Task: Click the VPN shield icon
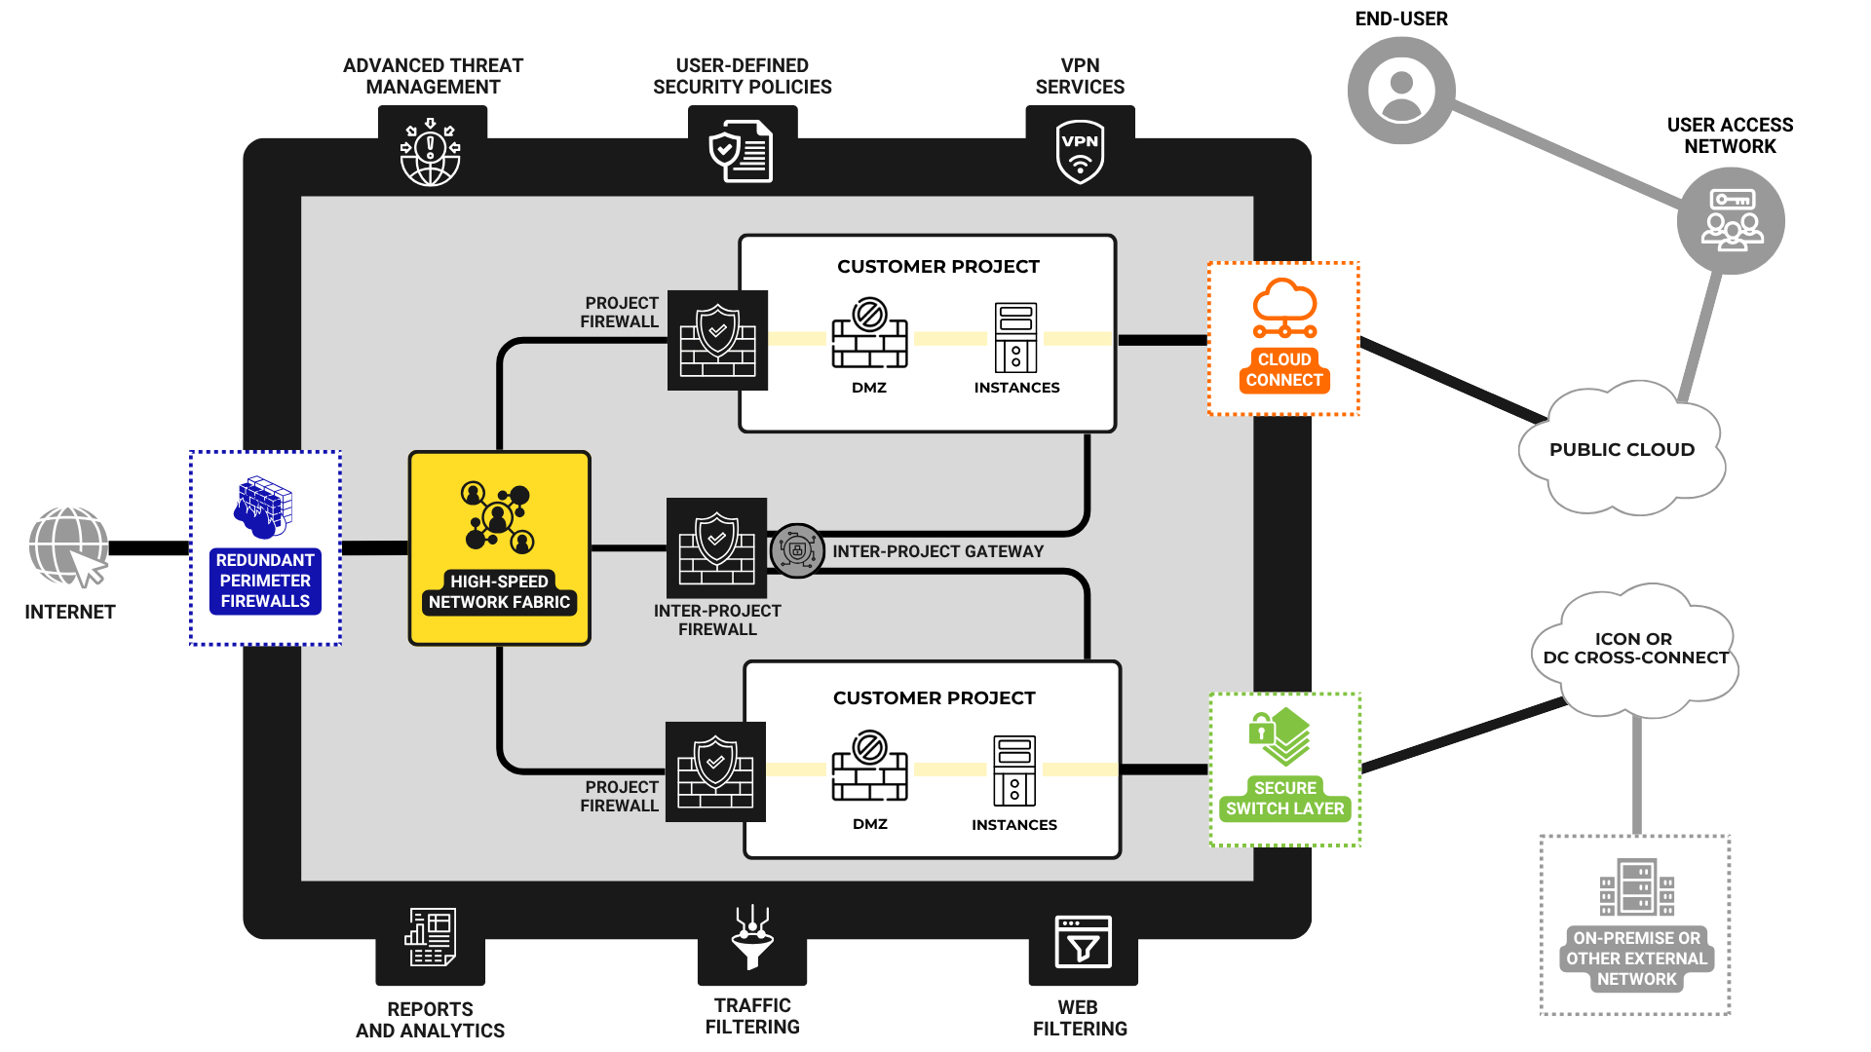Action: pos(1080,152)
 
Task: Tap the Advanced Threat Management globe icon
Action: pos(430,153)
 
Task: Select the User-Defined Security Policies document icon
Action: pos(742,152)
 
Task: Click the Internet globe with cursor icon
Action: pos(69,547)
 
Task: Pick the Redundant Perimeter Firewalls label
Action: pos(265,581)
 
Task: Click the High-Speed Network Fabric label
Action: pos(499,592)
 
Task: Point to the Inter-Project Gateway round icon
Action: pos(797,551)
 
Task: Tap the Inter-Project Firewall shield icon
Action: pos(717,548)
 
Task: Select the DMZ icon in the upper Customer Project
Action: pos(869,334)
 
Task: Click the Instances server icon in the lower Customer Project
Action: pos(1014,770)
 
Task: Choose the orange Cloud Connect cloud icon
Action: pos(1284,309)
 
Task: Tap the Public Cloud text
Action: pos(1622,450)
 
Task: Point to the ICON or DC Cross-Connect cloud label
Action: pos(1634,649)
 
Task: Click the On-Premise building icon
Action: pos(1636,887)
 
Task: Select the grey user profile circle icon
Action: pos(1401,91)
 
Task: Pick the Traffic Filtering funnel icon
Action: pos(752,937)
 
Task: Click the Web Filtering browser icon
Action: pos(1083,942)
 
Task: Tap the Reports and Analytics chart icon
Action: pos(430,937)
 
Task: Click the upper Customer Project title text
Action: pos(937,267)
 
